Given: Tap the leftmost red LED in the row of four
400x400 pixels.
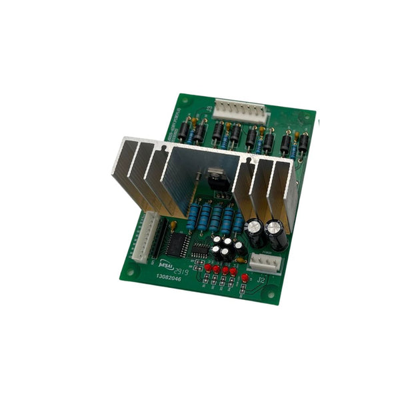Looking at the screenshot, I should tap(209, 269).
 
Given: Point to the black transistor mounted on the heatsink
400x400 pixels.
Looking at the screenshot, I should tap(217, 178).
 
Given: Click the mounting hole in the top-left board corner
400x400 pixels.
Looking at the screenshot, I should tap(186, 101).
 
